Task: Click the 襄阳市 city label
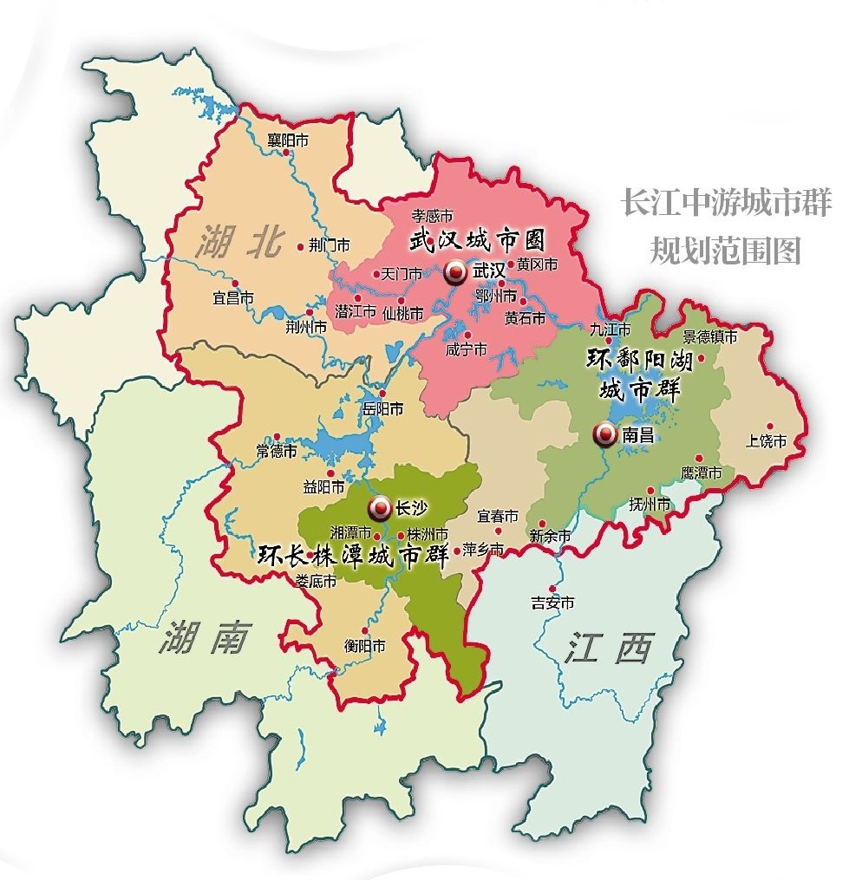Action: [x=288, y=140]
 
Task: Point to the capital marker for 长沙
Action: [x=379, y=507]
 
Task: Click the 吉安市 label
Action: [x=552, y=603]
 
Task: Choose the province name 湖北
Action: [x=240, y=244]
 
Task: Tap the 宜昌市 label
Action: [x=233, y=297]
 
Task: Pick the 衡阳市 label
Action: [x=364, y=646]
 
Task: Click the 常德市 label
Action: [x=277, y=452]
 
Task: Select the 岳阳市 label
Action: [x=382, y=407]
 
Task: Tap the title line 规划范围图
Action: [x=725, y=251]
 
